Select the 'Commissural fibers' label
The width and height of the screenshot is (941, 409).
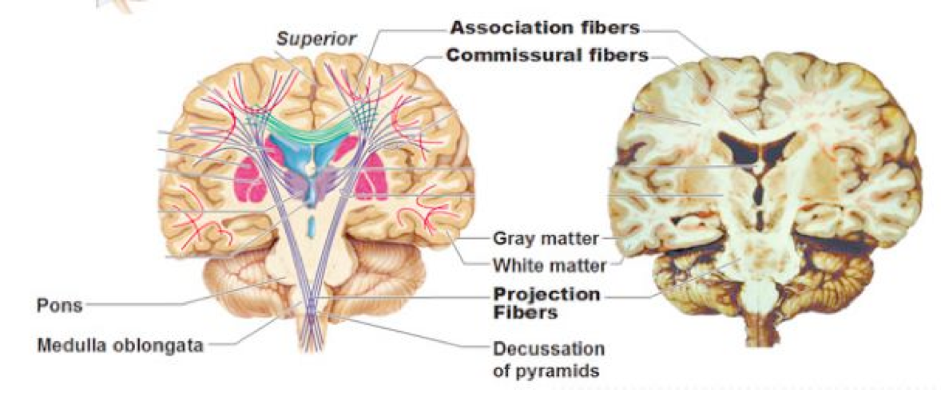click(546, 56)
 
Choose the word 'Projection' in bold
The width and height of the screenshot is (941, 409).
click(546, 294)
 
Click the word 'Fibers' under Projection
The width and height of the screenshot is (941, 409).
click(524, 313)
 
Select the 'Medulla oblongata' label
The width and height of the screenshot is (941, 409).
click(120, 345)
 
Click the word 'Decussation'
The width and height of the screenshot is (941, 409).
click(549, 350)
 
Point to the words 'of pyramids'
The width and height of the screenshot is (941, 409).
click(546, 371)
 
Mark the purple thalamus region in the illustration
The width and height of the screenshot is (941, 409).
click(312, 188)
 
